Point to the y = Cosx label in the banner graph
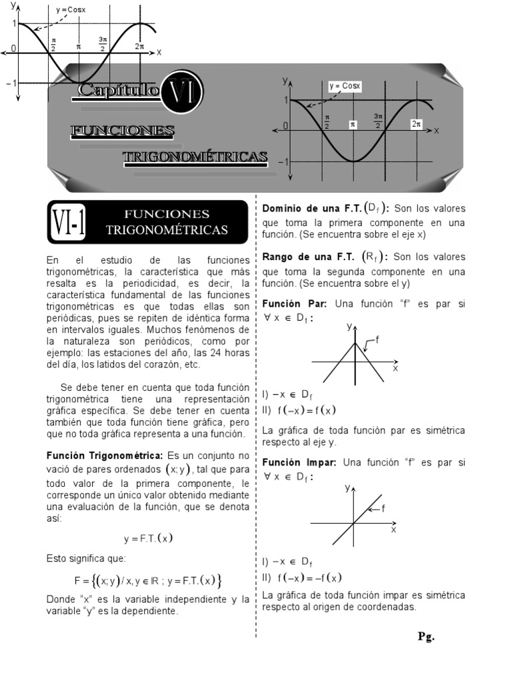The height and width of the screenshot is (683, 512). tap(345, 86)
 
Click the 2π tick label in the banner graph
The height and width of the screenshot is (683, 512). tap(417, 125)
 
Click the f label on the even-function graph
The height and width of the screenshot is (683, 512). tap(377, 339)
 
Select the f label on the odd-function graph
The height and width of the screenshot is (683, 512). tap(383, 508)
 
